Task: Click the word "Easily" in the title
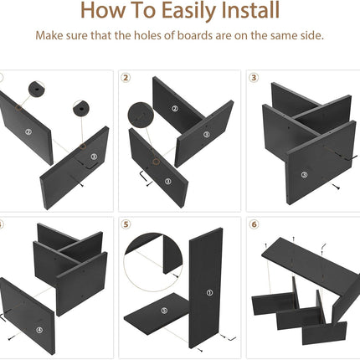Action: pyautogui.click(x=188, y=11)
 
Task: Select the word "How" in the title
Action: pyautogui.click(x=104, y=10)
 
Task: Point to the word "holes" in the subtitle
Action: pyautogui.click(x=151, y=35)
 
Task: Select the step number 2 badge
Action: pyautogui.click(x=126, y=78)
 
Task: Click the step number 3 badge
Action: pyautogui.click(x=254, y=78)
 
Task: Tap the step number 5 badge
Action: pyautogui.click(x=126, y=224)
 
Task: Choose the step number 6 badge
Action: pyautogui.click(x=254, y=224)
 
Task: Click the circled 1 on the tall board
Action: pyautogui.click(x=209, y=292)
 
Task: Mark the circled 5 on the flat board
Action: pyautogui.click(x=164, y=311)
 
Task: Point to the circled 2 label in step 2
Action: pyautogui.click(x=175, y=109)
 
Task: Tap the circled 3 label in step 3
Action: pyautogui.click(x=305, y=175)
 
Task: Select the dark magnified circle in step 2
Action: pyautogui.click(x=141, y=116)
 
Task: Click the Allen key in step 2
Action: pyautogui.click(x=142, y=176)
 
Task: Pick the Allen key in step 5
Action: pyautogui.click(x=231, y=339)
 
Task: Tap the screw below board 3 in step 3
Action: pyautogui.click(x=336, y=187)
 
